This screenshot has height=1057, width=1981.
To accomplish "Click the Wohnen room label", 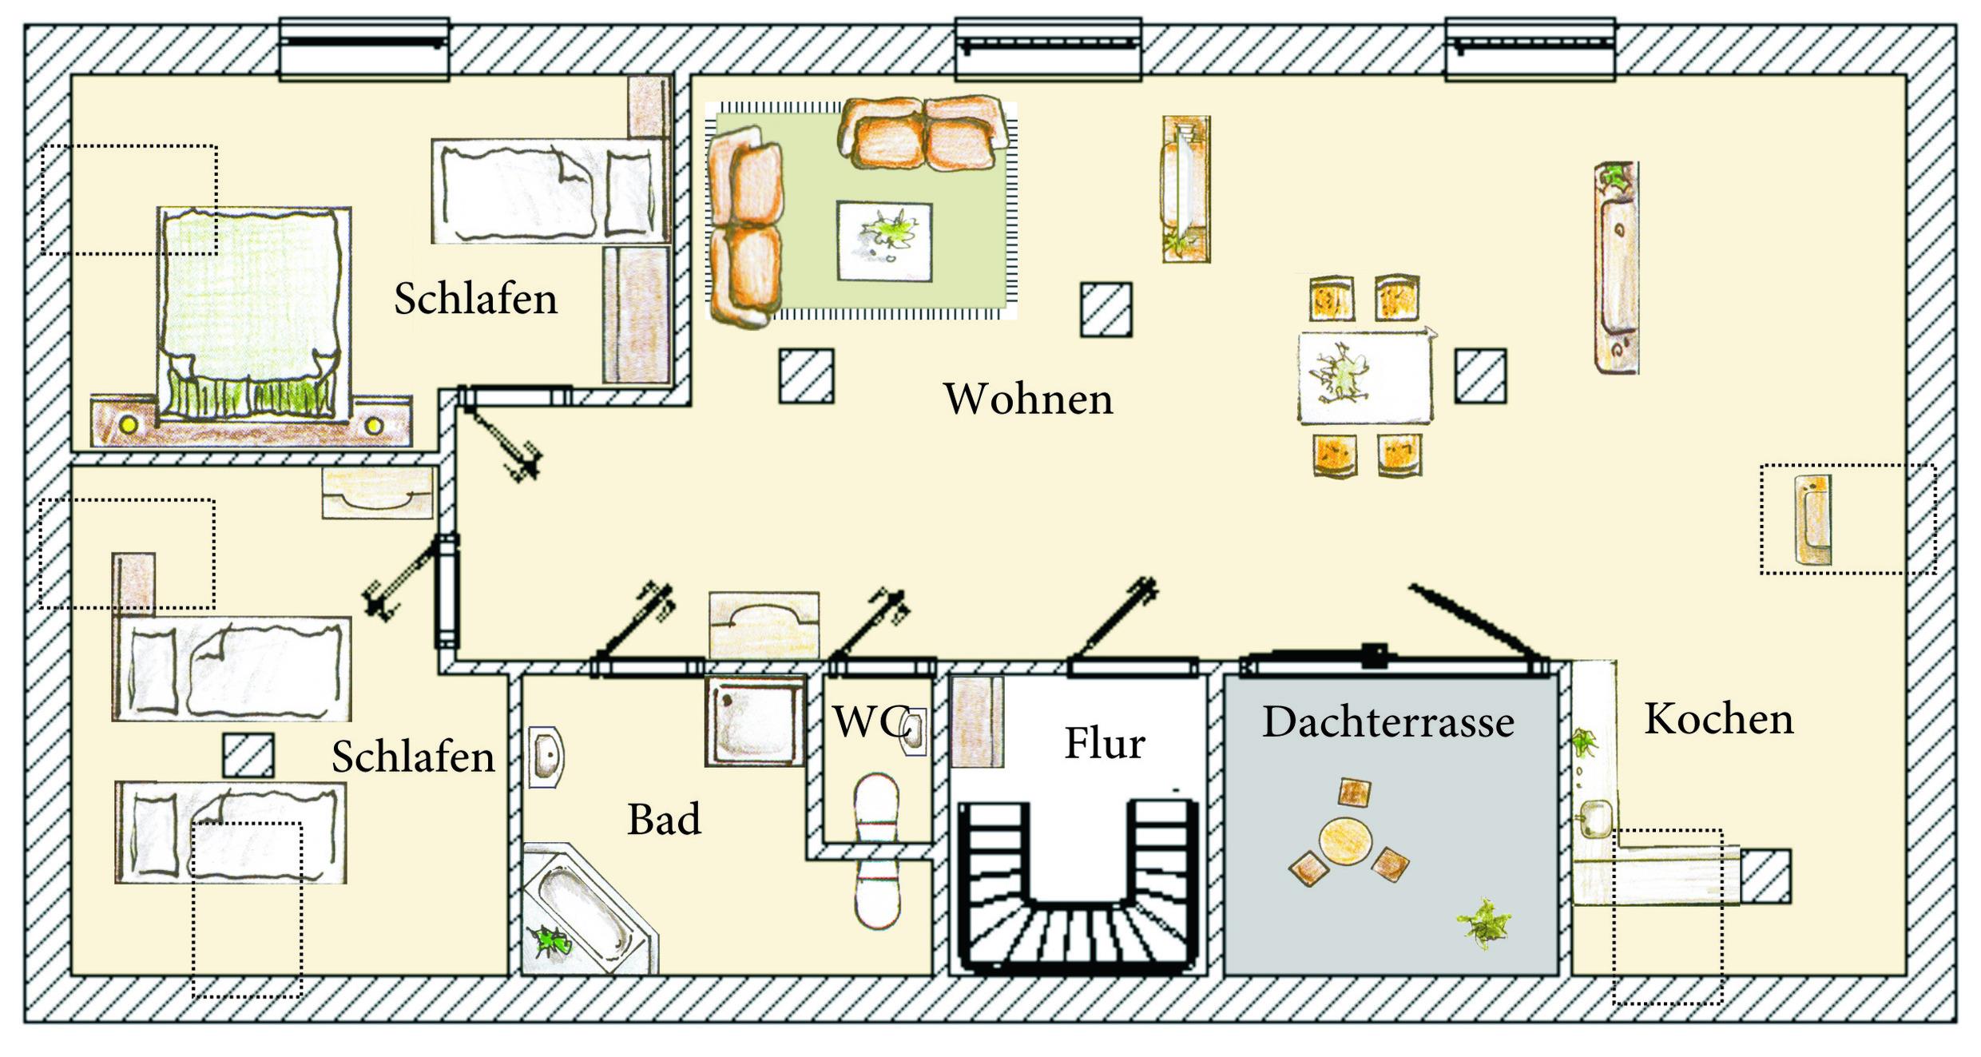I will pyautogui.click(x=1028, y=399).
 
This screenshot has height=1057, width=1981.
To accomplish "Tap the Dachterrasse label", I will pyautogui.click(x=1388, y=722).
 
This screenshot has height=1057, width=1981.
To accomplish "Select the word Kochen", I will pyautogui.click(x=1719, y=719).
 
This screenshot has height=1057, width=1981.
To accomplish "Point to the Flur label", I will pyautogui.click(x=1105, y=743).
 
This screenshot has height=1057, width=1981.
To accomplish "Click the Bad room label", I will pyautogui.click(x=664, y=820).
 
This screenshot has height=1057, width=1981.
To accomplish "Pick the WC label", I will pyautogui.click(x=868, y=722).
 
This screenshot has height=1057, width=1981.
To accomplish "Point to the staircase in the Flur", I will pyautogui.click(x=1078, y=895).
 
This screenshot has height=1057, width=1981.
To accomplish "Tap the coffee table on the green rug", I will pyautogui.click(x=884, y=241).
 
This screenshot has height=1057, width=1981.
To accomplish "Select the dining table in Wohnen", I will pyautogui.click(x=1364, y=377).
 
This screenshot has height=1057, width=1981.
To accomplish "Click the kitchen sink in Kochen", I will pyautogui.click(x=1595, y=818).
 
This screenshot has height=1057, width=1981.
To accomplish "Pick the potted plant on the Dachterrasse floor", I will pyautogui.click(x=1484, y=924).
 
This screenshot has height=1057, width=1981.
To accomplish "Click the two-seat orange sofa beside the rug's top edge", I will pyautogui.click(x=923, y=133).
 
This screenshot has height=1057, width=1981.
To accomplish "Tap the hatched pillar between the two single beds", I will pyautogui.click(x=248, y=756).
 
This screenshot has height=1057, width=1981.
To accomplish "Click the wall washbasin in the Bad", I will pyautogui.click(x=546, y=757).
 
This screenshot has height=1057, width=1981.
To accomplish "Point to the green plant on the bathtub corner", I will pyautogui.click(x=551, y=943).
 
